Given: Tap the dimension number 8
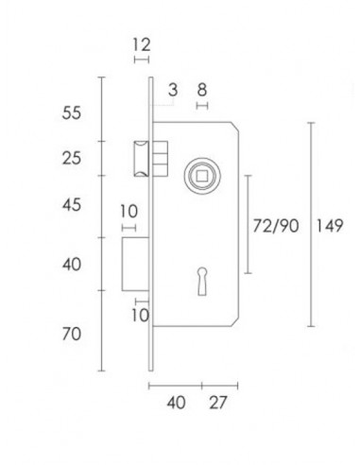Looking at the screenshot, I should pyautogui.click(x=201, y=91).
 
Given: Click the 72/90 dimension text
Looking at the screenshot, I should pyautogui.click(x=276, y=225).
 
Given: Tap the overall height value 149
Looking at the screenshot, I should pyautogui.click(x=332, y=225).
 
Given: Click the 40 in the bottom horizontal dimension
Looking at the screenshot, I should pyautogui.click(x=176, y=403).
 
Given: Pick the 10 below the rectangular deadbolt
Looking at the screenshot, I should pyautogui.click(x=140, y=313).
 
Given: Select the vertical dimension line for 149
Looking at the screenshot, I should pyautogui.click(x=311, y=225).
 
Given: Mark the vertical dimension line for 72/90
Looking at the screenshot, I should pyautogui.click(x=248, y=225).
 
